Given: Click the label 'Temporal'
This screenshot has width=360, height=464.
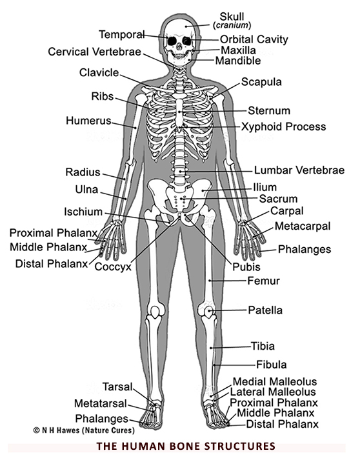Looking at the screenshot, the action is (x=121, y=35).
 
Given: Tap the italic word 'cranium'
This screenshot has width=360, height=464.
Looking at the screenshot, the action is (x=232, y=25).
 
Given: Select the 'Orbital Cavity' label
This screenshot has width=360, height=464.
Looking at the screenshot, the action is (x=254, y=39).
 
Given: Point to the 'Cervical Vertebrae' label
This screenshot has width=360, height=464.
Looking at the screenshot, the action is (x=94, y=52).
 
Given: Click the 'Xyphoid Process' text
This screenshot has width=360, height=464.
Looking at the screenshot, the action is (x=283, y=126).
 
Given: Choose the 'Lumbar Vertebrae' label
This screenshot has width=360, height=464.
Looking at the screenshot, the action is (x=299, y=170).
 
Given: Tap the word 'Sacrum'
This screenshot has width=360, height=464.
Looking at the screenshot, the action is (x=278, y=199).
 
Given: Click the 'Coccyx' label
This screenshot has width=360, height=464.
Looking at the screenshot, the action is (x=113, y=267).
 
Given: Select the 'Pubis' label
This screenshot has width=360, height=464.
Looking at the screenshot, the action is (x=246, y=267).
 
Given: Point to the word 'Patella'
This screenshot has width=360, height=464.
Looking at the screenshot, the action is (x=265, y=310).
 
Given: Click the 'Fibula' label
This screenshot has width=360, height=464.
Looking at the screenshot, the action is (x=271, y=365).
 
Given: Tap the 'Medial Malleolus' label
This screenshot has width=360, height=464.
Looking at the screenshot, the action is (x=274, y=381).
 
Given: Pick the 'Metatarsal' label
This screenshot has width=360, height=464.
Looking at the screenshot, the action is (x=100, y=403).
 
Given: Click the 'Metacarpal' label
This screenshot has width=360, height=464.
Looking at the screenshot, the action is (x=303, y=226).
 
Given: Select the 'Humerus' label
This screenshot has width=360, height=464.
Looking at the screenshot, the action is (x=88, y=121).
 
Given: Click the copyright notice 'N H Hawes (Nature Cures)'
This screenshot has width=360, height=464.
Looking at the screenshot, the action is (x=84, y=430).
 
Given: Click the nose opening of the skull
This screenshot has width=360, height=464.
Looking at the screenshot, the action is (x=179, y=46).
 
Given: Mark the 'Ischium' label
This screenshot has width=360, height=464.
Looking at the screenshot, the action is (x=83, y=212).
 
